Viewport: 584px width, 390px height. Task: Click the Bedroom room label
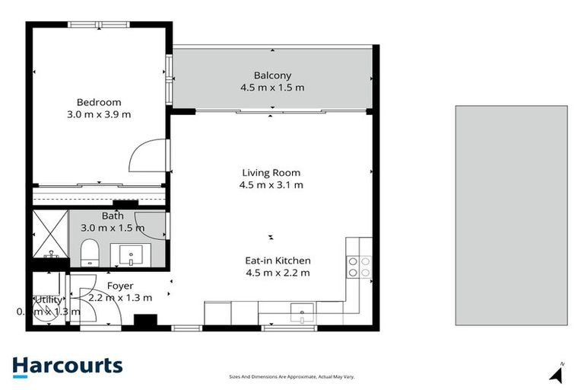click(99, 102)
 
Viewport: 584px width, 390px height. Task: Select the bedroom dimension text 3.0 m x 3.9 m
click(99, 115)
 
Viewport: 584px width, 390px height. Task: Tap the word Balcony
click(271, 75)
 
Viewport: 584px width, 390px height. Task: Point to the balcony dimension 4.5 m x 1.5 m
click(271, 88)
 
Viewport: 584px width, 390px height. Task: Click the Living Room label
click(271, 172)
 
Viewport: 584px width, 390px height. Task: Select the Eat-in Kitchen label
click(278, 261)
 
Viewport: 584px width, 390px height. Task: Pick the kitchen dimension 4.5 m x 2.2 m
click(278, 273)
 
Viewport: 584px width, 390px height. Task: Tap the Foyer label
click(120, 286)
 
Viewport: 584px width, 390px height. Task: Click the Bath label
click(113, 216)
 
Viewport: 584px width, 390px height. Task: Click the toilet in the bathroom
click(88, 252)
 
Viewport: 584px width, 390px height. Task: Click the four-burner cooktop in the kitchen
click(359, 266)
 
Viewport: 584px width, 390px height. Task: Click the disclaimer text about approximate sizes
click(292, 376)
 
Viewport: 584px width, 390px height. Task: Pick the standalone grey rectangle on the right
click(511, 216)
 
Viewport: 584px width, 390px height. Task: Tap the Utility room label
click(49, 300)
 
